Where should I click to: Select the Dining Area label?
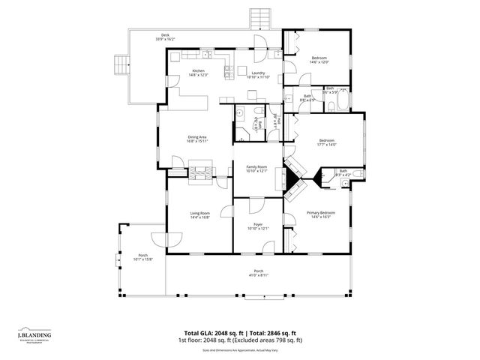(197, 138)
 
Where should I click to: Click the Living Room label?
(199, 215)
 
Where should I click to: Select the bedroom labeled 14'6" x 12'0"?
(319, 60)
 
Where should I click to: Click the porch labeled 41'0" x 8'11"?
(257, 273)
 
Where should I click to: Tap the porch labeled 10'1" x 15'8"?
(142, 258)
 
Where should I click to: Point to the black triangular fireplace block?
(290, 179)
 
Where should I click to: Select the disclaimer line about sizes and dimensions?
(240, 349)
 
